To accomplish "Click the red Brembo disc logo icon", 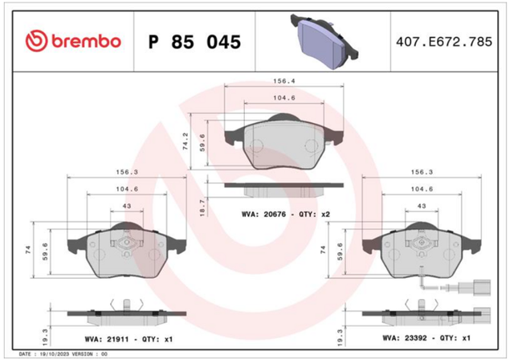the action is (37, 42).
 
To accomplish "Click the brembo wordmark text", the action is (87, 42).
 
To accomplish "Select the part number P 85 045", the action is (194, 42).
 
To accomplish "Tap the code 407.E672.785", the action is (444, 42).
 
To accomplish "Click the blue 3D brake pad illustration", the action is (324, 41).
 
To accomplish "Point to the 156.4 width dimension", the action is (284, 81).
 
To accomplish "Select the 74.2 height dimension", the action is (186, 141).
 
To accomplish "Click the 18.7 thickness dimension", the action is (202, 207).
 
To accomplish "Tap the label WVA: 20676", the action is (263, 215).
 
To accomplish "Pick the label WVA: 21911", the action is (107, 339).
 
